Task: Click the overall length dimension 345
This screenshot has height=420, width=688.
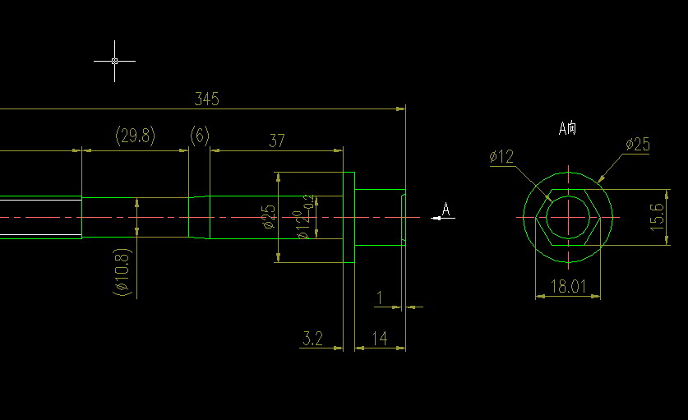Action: tap(206, 99)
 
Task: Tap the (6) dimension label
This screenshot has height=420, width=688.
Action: tap(200, 136)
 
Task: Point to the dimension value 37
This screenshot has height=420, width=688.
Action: tap(277, 141)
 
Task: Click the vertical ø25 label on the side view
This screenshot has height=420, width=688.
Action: tap(269, 217)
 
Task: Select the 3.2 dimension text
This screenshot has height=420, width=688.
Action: tap(312, 338)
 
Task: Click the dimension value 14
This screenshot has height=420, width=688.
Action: tap(379, 338)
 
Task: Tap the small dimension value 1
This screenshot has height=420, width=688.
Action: tap(379, 298)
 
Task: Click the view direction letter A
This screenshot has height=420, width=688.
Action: tap(446, 210)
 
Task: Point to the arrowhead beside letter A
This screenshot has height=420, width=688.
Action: tap(436, 218)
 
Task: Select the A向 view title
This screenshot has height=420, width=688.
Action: tap(567, 128)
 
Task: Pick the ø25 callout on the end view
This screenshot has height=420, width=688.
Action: tap(637, 145)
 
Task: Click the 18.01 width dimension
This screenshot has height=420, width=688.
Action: tap(567, 286)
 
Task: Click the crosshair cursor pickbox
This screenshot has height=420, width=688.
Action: tap(114, 61)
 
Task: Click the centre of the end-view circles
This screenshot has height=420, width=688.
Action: tap(568, 218)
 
